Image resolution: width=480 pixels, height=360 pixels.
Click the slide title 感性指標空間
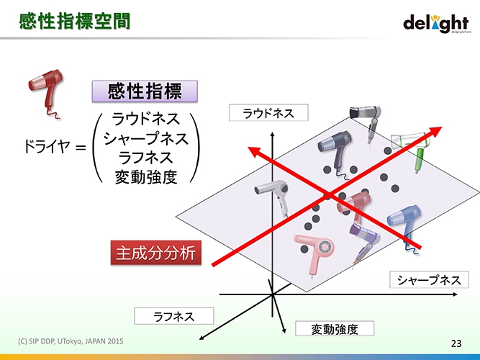point(75,22)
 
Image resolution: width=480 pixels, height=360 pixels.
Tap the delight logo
point(437,24)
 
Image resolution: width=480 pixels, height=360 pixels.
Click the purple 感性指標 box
point(145,91)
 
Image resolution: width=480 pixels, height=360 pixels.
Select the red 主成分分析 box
point(156,253)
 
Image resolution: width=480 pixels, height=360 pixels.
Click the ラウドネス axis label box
point(268,113)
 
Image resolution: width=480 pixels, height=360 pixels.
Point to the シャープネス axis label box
point(429,280)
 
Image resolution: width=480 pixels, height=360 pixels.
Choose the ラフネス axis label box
point(174,316)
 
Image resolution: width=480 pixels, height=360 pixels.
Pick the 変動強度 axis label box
point(335,329)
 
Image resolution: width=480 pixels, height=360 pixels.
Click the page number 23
point(456,343)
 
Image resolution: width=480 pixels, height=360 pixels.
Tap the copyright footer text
point(71,341)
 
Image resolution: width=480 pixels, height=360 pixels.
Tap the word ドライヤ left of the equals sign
point(47,146)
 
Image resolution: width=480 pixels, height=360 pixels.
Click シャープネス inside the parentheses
point(145,138)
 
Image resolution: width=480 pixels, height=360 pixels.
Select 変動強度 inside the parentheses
point(145,177)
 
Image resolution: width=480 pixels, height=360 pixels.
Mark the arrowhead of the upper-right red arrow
point(437,130)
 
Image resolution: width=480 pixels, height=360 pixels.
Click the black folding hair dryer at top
point(366,122)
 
